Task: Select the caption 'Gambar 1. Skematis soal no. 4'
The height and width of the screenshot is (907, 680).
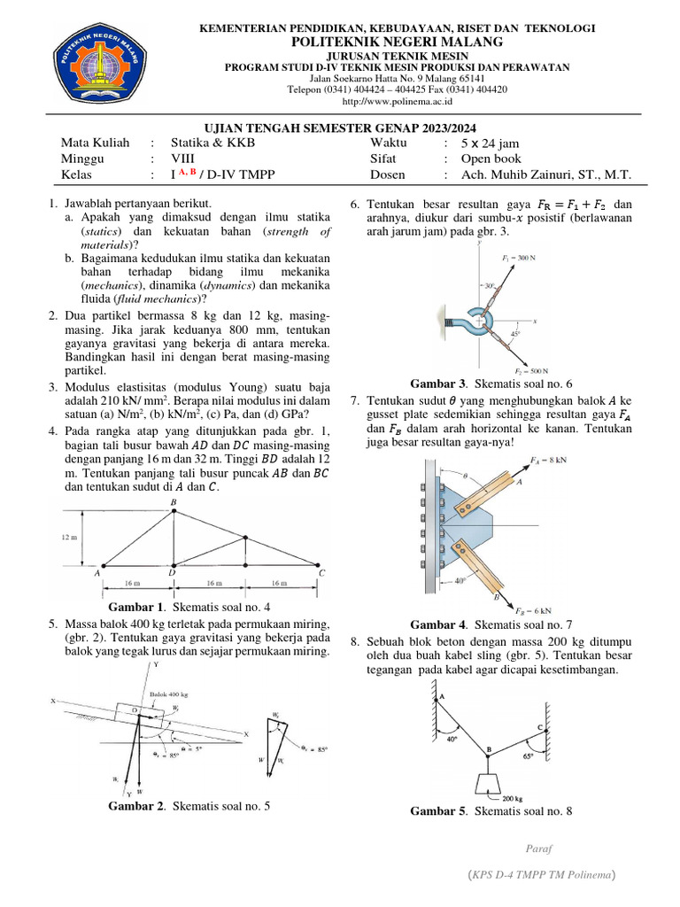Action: (189, 608)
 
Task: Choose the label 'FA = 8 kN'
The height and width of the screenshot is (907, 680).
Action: (545, 460)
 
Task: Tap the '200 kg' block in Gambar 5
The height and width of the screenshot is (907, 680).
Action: (491, 785)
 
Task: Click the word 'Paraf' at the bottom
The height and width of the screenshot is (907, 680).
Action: (538, 848)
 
